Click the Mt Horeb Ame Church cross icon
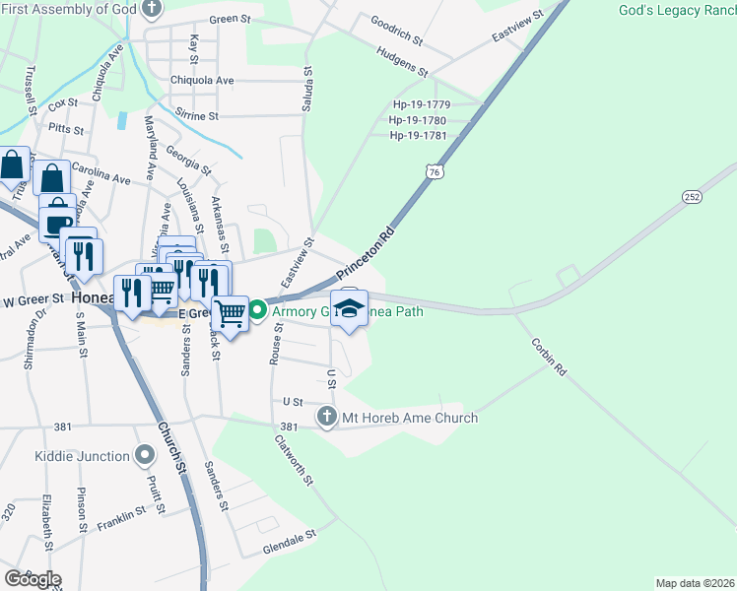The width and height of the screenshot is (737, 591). coord(328,418)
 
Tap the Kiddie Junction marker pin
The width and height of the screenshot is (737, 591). coord(145,455)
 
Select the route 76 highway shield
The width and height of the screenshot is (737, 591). coord(435,172)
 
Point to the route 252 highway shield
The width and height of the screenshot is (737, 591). coord(692,197)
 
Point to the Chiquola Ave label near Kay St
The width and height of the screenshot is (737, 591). coord(202,80)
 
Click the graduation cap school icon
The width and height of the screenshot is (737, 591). coord(349,310)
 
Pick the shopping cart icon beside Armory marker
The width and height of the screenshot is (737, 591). coord(230,314)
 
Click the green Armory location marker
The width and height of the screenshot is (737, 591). coord(257,312)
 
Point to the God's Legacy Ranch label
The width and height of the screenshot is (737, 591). coord(677,11)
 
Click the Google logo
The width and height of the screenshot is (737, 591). coord(33,579)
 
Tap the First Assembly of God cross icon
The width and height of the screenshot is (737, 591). coord(151,10)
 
